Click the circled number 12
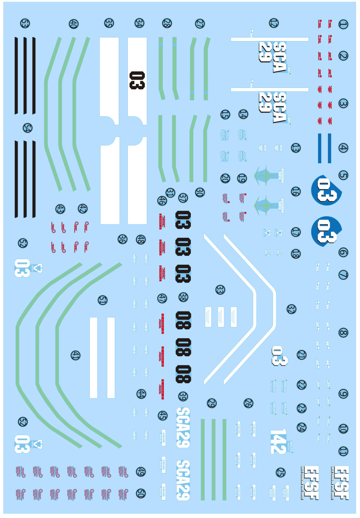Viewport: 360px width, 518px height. [x=274, y=23]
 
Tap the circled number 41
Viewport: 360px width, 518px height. [x=75, y=356]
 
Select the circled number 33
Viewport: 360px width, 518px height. [x=220, y=290]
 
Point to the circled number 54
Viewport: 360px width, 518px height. [x=27, y=128]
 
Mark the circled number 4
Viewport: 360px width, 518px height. [x=343, y=148]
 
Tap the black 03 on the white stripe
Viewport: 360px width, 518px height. [x=137, y=80]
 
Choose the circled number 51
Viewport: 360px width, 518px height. [x=103, y=300]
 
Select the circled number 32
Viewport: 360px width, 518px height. [x=291, y=309]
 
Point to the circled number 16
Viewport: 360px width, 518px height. [x=296, y=191]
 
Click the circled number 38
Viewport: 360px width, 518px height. [x=183, y=297]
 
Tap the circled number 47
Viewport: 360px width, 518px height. [x=162, y=298]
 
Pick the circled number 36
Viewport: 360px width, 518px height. [x=122, y=239]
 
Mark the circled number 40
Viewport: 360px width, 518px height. [x=73, y=24]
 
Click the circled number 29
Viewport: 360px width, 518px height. [x=211, y=403]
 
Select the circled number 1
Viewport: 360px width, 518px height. [x=343, y=24]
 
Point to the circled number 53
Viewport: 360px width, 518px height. [x=24, y=24]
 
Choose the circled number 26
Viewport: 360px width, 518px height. [x=248, y=403]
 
